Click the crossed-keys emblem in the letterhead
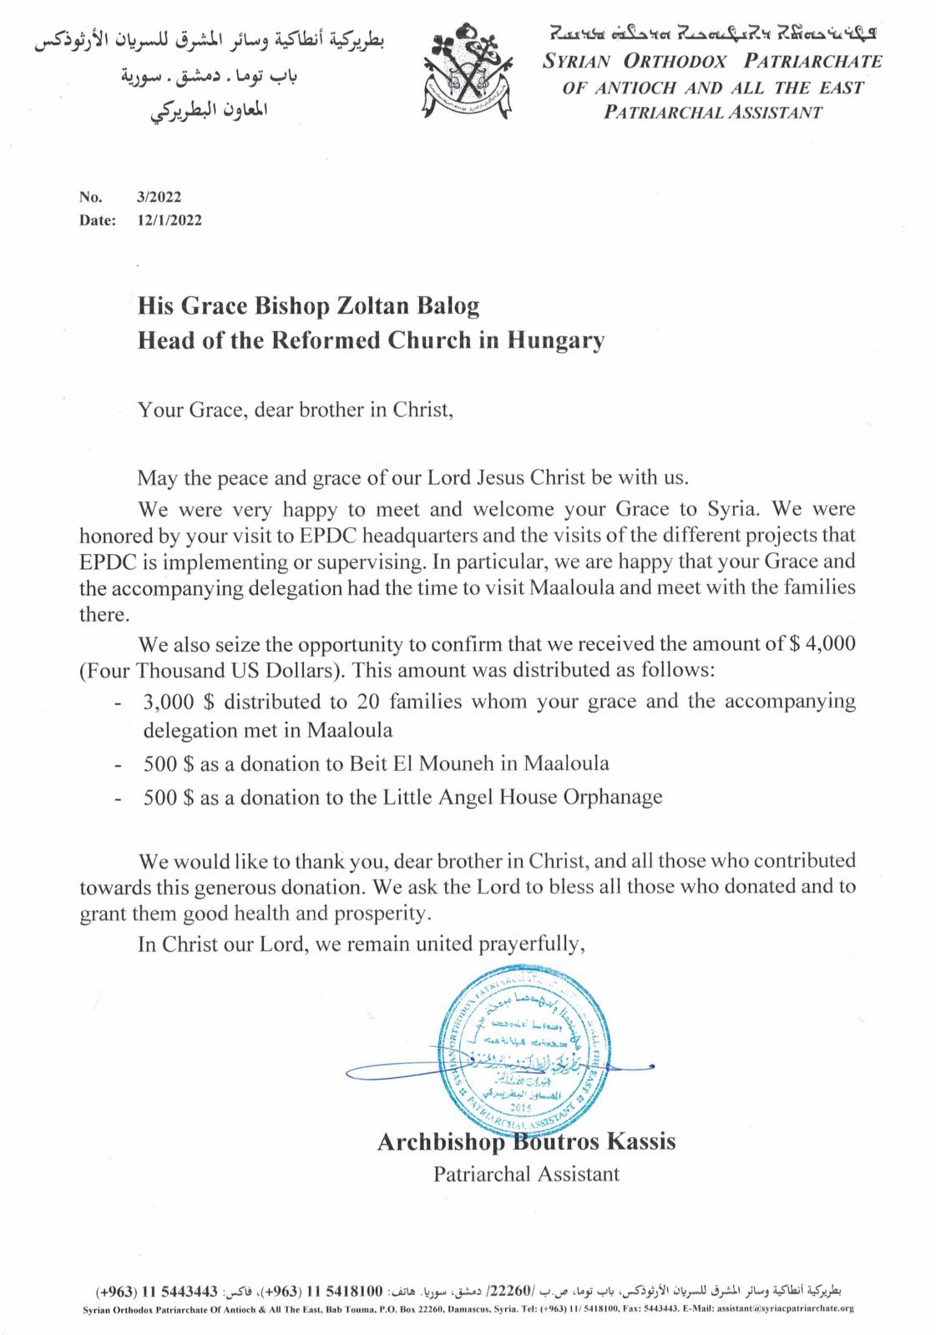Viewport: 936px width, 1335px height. point(466,73)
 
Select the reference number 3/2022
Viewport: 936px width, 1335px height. point(158,198)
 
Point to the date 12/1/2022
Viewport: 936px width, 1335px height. point(169,221)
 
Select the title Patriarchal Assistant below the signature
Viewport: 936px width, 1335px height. point(526,1174)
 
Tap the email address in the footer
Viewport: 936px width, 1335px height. point(785,1309)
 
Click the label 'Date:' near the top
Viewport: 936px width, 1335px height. point(97,221)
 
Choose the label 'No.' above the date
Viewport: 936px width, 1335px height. point(90,198)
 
